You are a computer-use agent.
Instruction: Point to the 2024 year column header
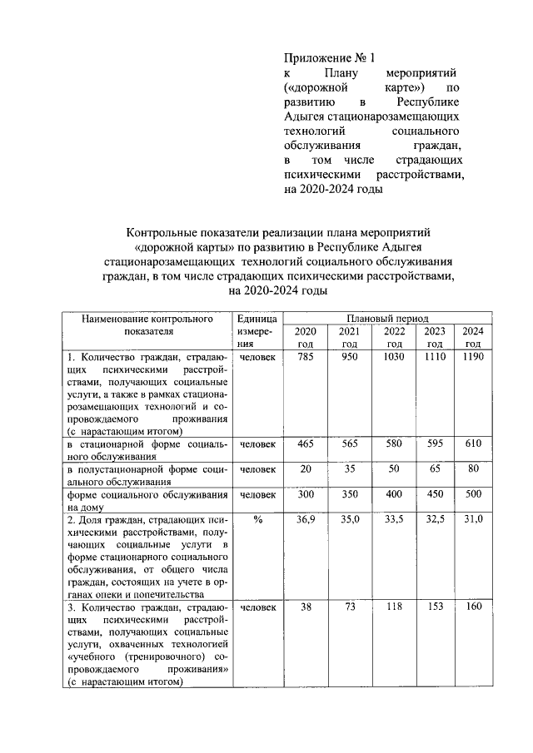point(473,338)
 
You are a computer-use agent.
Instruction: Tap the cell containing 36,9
point(306,519)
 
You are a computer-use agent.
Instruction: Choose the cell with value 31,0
point(473,519)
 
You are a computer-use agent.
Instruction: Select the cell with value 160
point(473,607)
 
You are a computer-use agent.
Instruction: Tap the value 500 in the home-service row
point(473,494)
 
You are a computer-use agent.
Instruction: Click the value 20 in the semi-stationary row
point(306,469)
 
